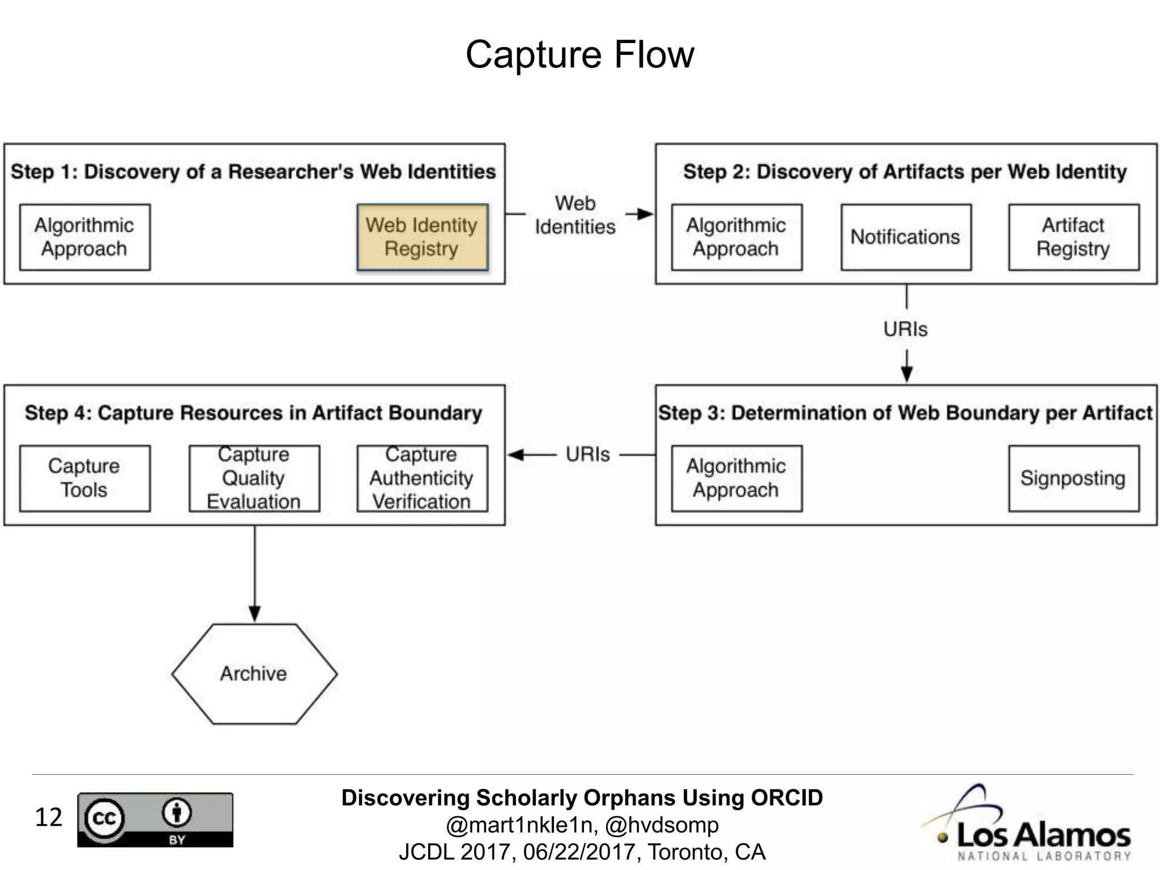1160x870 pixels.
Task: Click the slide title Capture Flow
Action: [579, 55]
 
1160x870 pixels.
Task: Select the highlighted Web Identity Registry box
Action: [422, 237]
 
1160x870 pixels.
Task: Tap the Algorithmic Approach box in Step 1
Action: [85, 237]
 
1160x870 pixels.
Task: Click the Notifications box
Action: [906, 237]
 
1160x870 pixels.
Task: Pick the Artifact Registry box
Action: [1073, 237]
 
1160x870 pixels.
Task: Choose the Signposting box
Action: [1073, 478]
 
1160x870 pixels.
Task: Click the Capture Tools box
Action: [85, 478]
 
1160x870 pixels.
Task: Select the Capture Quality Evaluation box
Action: [254, 478]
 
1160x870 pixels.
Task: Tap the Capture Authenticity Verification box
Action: [422, 478]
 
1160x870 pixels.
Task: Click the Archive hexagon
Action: [254, 673]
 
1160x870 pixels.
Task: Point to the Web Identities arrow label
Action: [575, 215]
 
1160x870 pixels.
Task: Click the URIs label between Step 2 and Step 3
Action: [905, 329]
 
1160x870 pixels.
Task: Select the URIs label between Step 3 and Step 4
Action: [587, 454]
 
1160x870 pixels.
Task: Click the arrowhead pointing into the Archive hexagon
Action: [254, 614]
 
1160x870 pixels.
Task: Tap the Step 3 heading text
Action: [905, 413]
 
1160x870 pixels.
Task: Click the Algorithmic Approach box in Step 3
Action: [736, 478]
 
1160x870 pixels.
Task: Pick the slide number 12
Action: [48, 817]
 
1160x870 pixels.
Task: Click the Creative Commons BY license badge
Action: [155, 820]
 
